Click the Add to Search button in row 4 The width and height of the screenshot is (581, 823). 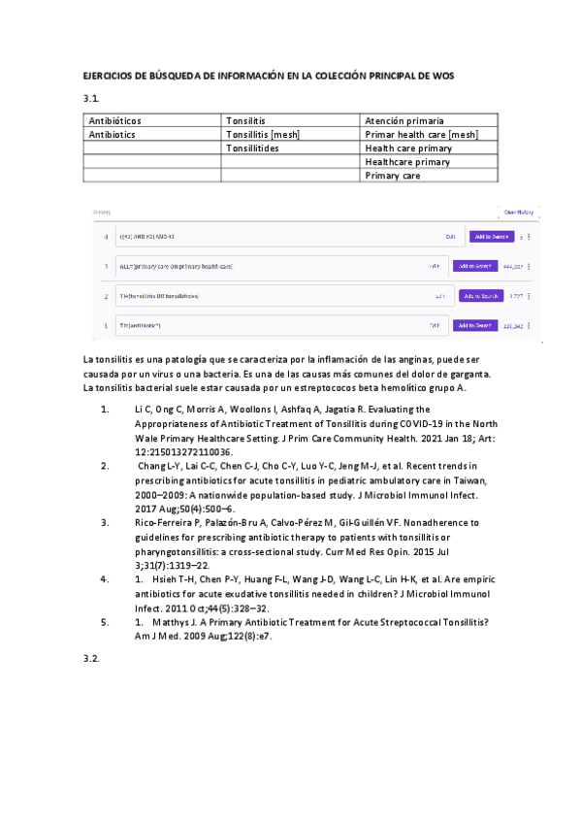[x=491, y=236]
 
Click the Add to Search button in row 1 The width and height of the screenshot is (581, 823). [x=477, y=325]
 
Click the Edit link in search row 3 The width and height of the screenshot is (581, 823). [x=435, y=266]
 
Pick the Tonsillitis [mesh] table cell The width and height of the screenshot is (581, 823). [x=261, y=135]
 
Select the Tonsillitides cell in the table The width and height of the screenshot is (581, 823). [x=252, y=148]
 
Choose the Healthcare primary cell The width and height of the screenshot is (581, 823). [x=407, y=162]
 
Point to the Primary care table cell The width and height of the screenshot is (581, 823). [x=393, y=176]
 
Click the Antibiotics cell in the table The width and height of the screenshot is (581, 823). [x=112, y=135]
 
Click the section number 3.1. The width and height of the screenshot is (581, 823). [x=92, y=98]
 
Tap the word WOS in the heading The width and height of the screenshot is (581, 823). [x=443, y=75]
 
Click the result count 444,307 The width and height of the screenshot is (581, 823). [x=512, y=266]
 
